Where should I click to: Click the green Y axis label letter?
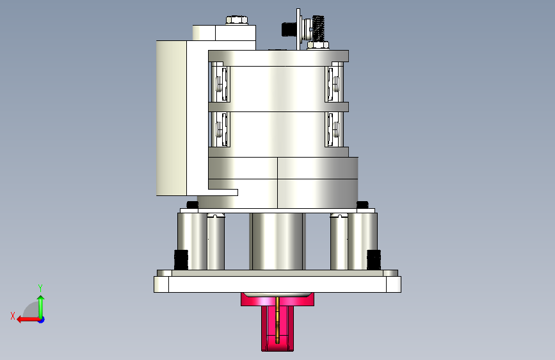click(40, 288)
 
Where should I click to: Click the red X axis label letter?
click(13, 316)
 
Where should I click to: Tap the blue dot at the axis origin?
click(42, 320)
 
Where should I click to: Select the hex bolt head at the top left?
click(237, 19)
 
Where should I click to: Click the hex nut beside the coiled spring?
click(318, 45)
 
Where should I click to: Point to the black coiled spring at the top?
click(318, 28)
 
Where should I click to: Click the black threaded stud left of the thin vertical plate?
click(289, 29)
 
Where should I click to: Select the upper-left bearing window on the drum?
click(220, 82)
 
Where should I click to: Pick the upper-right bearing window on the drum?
click(334, 82)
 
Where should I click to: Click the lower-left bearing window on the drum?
click(220, 129)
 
